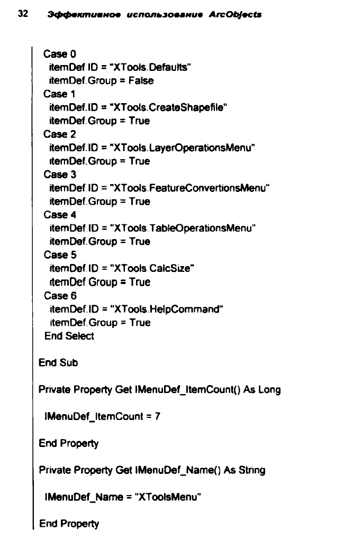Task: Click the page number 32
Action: (23, 14)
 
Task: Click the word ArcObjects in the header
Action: (235, 14)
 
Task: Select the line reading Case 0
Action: (59, 54)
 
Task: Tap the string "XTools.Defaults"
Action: (150, 67)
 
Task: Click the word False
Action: (141, 80)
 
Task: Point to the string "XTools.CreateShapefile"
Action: (168, 107)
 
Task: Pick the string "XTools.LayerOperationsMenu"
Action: (182, 148)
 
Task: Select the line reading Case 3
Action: (60, 174)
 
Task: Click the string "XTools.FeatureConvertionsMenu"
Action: (189, 188)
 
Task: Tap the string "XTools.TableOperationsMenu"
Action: (183, 229)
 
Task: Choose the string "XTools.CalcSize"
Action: (152, 268)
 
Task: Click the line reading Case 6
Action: (60, 296)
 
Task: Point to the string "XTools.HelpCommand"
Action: (166, 309)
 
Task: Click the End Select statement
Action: (69, 336)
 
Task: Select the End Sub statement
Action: (58, 363)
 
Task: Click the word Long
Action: (269, 390)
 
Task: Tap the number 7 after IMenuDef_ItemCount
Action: (158, 417)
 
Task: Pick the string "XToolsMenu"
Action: (168, 497)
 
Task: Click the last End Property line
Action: (69, 524)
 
